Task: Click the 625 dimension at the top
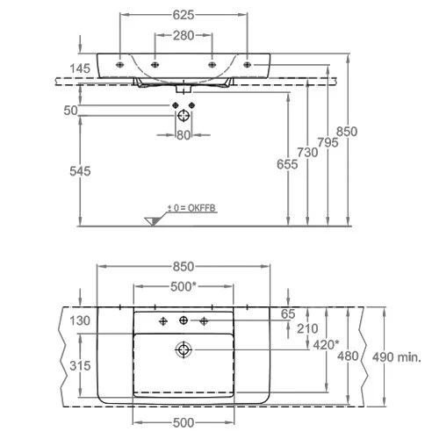pos(184,15)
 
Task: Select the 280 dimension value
pos(184,36)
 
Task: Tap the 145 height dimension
pos(80,68)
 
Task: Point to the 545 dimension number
pos(80,171)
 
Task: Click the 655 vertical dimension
pos(287,164)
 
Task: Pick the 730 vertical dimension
pos(307,153)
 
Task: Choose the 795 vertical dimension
pos(327,142)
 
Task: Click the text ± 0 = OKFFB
pos(191,208)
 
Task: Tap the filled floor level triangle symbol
pos(153,221)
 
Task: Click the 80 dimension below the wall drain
pos(184,135)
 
